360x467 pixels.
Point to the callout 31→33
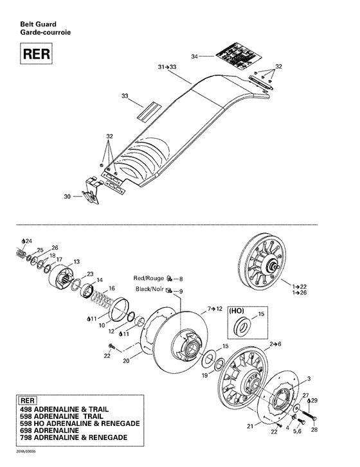(167, 67)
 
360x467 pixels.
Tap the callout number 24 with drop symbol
(26, 241)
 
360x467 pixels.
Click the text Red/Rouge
(148, 279)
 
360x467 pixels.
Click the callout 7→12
(215, 310)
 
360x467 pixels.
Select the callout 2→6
(277, 345)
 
